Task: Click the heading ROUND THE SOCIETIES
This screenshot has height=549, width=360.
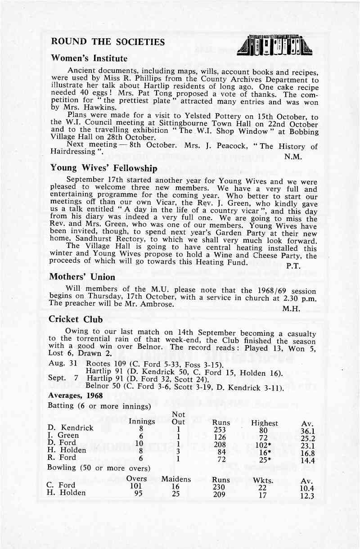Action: point(108,42)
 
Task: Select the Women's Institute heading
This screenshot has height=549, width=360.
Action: point(89,58)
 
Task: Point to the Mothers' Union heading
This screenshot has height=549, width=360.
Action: point(82,277)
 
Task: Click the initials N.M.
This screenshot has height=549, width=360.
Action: point(293,157)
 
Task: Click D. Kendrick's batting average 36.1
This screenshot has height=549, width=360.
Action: point(308,431)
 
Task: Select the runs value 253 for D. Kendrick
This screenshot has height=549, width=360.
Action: point(220,430)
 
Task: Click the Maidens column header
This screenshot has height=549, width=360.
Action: point(176,479)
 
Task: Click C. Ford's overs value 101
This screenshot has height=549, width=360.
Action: point(136,486)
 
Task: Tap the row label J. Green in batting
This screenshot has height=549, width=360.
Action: point(63,435)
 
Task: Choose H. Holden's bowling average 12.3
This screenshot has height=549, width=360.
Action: point(307,497)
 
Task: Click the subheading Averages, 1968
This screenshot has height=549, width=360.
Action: point(75,396)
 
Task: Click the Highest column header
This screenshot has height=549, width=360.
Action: point(264,423)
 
